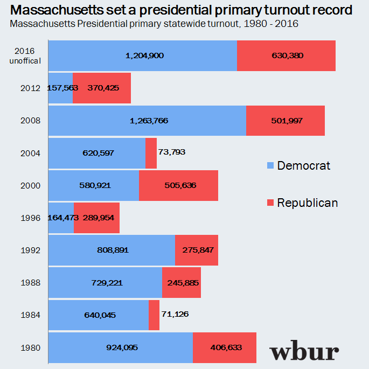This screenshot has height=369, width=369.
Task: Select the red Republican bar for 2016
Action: click(x=286, y=55)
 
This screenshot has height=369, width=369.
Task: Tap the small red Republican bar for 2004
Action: click(x=151, y=153)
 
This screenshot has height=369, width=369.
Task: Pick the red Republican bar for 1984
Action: click(x=154, y=315)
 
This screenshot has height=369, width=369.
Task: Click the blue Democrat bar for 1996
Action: click(x=61, y=218)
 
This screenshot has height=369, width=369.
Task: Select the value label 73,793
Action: click(x=172, y=152)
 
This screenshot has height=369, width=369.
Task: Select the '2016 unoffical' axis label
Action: click(x=25, y=55)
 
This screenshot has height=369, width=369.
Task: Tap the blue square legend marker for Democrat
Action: click(x=270, y=165)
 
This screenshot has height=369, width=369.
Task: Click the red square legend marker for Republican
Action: click(x=270, y=203)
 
